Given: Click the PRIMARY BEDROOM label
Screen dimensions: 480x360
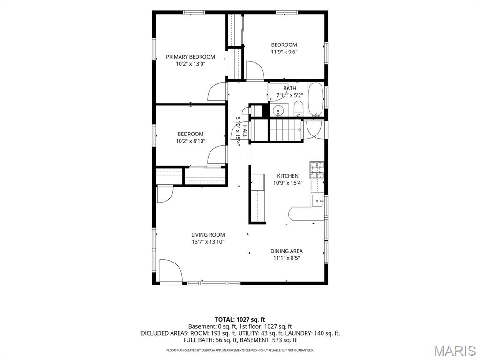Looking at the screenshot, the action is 190,57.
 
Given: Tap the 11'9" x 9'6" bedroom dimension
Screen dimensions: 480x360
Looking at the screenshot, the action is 284,52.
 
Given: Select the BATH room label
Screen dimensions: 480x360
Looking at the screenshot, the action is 290,88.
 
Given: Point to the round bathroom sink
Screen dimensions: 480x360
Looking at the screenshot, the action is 278,110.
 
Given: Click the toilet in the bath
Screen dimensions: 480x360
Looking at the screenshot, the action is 298,110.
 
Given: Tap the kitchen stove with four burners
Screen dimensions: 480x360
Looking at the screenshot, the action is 317,170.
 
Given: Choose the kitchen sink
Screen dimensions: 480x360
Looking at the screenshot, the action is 318,201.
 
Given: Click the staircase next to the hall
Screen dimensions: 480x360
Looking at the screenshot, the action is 285,130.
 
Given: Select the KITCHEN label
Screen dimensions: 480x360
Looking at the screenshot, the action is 288,176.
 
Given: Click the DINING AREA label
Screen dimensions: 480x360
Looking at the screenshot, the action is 286,251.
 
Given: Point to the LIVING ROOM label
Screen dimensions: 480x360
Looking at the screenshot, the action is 208,235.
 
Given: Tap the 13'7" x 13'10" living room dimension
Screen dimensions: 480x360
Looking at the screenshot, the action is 208,242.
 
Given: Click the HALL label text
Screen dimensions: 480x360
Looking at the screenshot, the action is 245,131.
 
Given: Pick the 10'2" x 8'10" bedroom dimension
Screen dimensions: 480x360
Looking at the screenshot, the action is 190,141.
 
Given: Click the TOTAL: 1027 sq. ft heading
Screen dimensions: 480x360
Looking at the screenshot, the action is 240,320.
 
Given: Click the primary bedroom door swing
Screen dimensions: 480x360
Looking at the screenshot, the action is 217,92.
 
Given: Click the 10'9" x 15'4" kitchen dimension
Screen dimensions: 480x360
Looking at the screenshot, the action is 288,183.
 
